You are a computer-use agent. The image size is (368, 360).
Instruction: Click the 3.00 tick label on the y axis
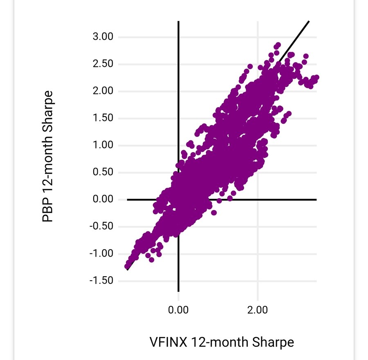[x=103, y=37]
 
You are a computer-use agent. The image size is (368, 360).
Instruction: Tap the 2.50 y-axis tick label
[x=103, y=64]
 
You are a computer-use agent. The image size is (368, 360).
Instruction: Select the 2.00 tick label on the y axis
[x=103, y=91]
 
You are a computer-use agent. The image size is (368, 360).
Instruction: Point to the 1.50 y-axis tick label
[x=103, y=119]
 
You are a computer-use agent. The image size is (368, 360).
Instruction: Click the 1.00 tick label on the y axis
[x=103, y=145]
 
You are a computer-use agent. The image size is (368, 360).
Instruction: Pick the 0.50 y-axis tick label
[x=103, y=172]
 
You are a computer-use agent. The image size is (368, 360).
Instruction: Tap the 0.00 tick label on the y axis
[x=103, y=199]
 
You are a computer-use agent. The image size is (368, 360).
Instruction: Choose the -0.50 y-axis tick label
[x=102, y=227]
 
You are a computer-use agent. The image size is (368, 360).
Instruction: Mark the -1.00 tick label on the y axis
[x=102, y=254]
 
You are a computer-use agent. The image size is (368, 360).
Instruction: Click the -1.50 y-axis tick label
[x=102, y=281]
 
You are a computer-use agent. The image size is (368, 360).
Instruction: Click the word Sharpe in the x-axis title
[x=272, y=342]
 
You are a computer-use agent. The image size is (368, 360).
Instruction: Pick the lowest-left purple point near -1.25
[x=127, y=266]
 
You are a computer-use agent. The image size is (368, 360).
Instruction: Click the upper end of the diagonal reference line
[x=308, y=21]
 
